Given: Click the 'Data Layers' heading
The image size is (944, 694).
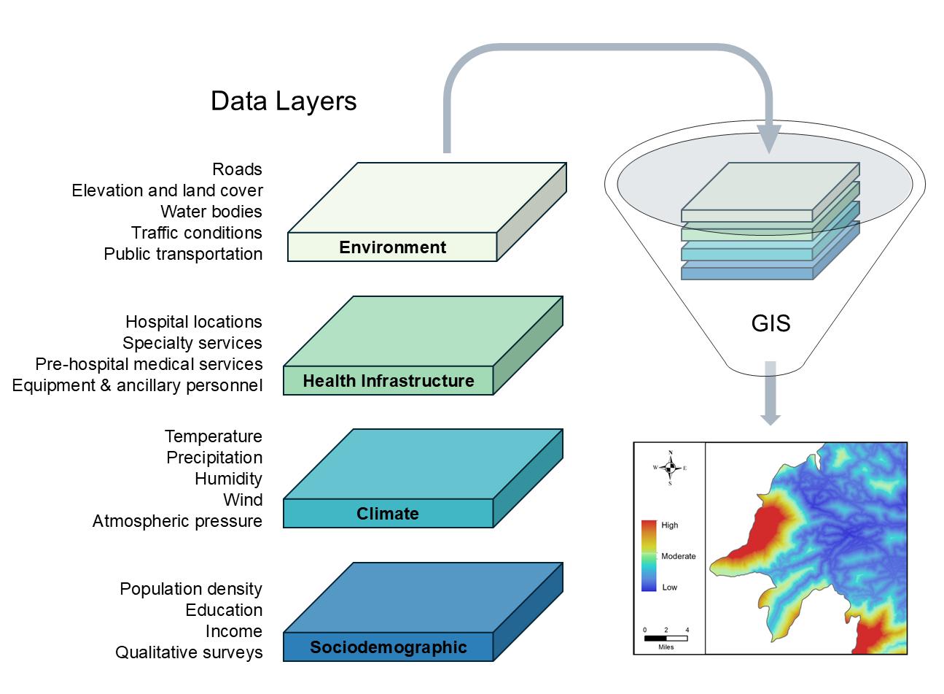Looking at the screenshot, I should point(284,101).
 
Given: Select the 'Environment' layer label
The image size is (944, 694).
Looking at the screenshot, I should point(392,247).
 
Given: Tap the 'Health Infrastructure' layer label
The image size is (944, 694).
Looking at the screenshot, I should point(388,381).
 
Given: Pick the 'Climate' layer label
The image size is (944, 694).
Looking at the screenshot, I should point(387,514).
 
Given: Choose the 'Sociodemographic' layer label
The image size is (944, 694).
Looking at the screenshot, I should point(388,647).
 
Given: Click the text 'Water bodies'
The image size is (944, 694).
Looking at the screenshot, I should point(211,212).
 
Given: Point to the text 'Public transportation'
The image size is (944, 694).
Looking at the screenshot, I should point(183,254).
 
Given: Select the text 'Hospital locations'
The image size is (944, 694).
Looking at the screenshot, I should point(193,322).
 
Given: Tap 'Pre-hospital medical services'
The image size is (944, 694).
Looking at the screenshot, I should point(149,364).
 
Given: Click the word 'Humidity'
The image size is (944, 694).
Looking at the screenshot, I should point(228,479).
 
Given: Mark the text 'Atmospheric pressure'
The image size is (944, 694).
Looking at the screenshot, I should point(177,521).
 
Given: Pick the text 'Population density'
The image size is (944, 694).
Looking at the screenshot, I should point(191,589).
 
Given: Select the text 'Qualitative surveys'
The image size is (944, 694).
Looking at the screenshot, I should point(189,652).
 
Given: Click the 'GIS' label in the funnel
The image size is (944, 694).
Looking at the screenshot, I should point(771,323).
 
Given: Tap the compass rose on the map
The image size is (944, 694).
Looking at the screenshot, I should point(670,468).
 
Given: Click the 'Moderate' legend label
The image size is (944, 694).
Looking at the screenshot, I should point(678,556).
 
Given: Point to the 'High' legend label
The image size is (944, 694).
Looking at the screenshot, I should point(669,525).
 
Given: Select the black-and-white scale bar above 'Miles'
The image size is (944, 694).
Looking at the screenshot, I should point(666,638).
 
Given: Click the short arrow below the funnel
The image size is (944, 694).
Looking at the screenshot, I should point(771,394).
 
